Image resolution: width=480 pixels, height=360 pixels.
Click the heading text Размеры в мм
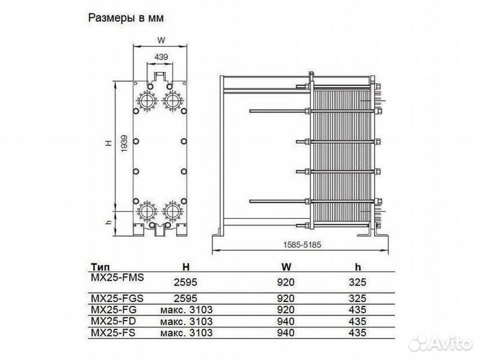(124, 18)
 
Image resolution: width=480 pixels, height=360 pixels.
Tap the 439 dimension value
(160, 57)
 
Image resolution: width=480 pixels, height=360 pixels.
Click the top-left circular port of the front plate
(147, 99)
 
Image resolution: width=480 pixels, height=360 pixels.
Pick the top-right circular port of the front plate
(173, 99)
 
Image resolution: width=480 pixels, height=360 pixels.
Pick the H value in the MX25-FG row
(187, 309)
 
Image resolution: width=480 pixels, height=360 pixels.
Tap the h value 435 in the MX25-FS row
(358, 332)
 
